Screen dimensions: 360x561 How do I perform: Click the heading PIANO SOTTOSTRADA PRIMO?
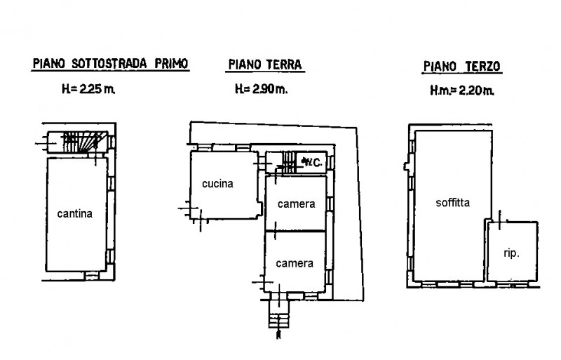click(111, 64)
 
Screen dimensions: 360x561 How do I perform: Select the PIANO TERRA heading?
click(264, 65)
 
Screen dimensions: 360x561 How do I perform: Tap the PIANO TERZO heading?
click(462, 67)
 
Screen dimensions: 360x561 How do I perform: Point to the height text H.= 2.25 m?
click(88, 89)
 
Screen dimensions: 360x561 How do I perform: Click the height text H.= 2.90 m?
click(260, 89)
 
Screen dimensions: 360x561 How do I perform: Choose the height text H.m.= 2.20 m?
click(462, 91)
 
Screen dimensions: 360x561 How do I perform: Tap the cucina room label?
click(217, 185)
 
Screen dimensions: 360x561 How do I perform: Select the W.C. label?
click(312, 163)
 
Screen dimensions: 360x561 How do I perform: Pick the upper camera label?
click(295, 204)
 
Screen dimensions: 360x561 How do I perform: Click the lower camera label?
click(294, 264)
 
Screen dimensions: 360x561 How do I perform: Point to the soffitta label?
click(452, 204)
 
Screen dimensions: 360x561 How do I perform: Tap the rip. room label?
click(512, 253)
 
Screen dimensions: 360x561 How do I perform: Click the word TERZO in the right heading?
click(482, 67)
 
